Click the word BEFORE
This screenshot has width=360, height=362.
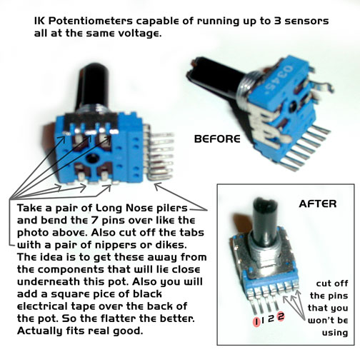(x=217, y=139)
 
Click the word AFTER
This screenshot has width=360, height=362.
(x=318, y=204)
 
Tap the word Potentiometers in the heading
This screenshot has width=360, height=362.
(x=91, y=21)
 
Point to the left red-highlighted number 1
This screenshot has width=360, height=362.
(x=256, y=322)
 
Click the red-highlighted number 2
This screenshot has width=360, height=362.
(x=281, y=316)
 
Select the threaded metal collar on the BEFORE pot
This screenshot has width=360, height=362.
(x=244, y=91)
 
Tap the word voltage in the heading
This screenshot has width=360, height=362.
(x=140, y=34)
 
